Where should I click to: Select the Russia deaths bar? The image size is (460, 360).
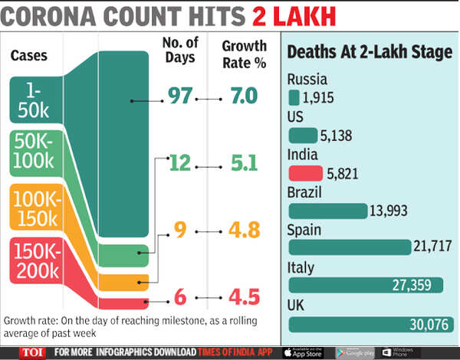click(294, 97)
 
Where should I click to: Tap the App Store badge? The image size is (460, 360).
click(303, 352)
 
